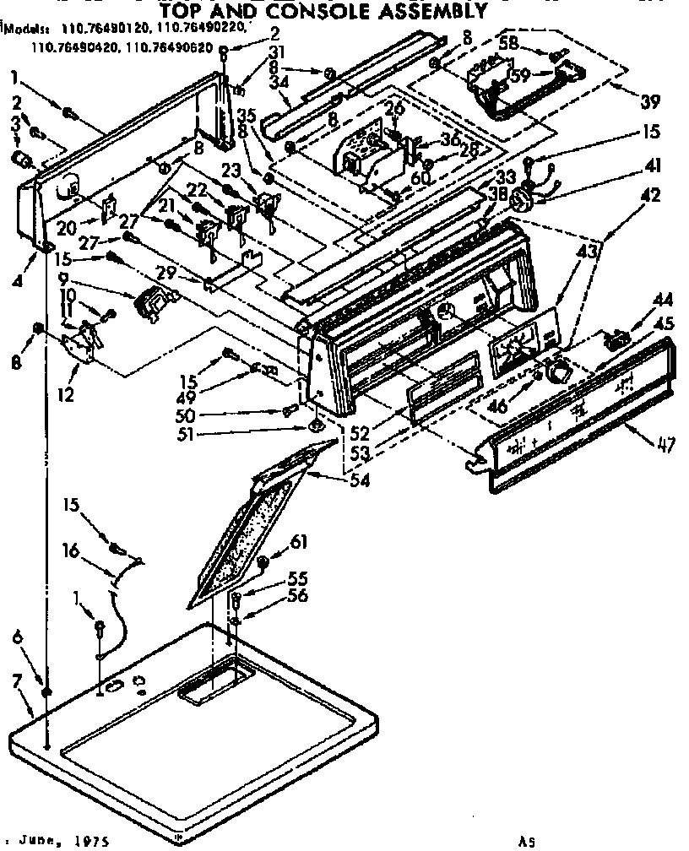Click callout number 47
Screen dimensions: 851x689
[665, 445]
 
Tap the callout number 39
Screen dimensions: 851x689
[649, 103]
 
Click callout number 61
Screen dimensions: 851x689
[299, 541]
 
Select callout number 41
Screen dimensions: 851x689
[650, 165]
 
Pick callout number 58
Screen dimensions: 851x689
[532, 42]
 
